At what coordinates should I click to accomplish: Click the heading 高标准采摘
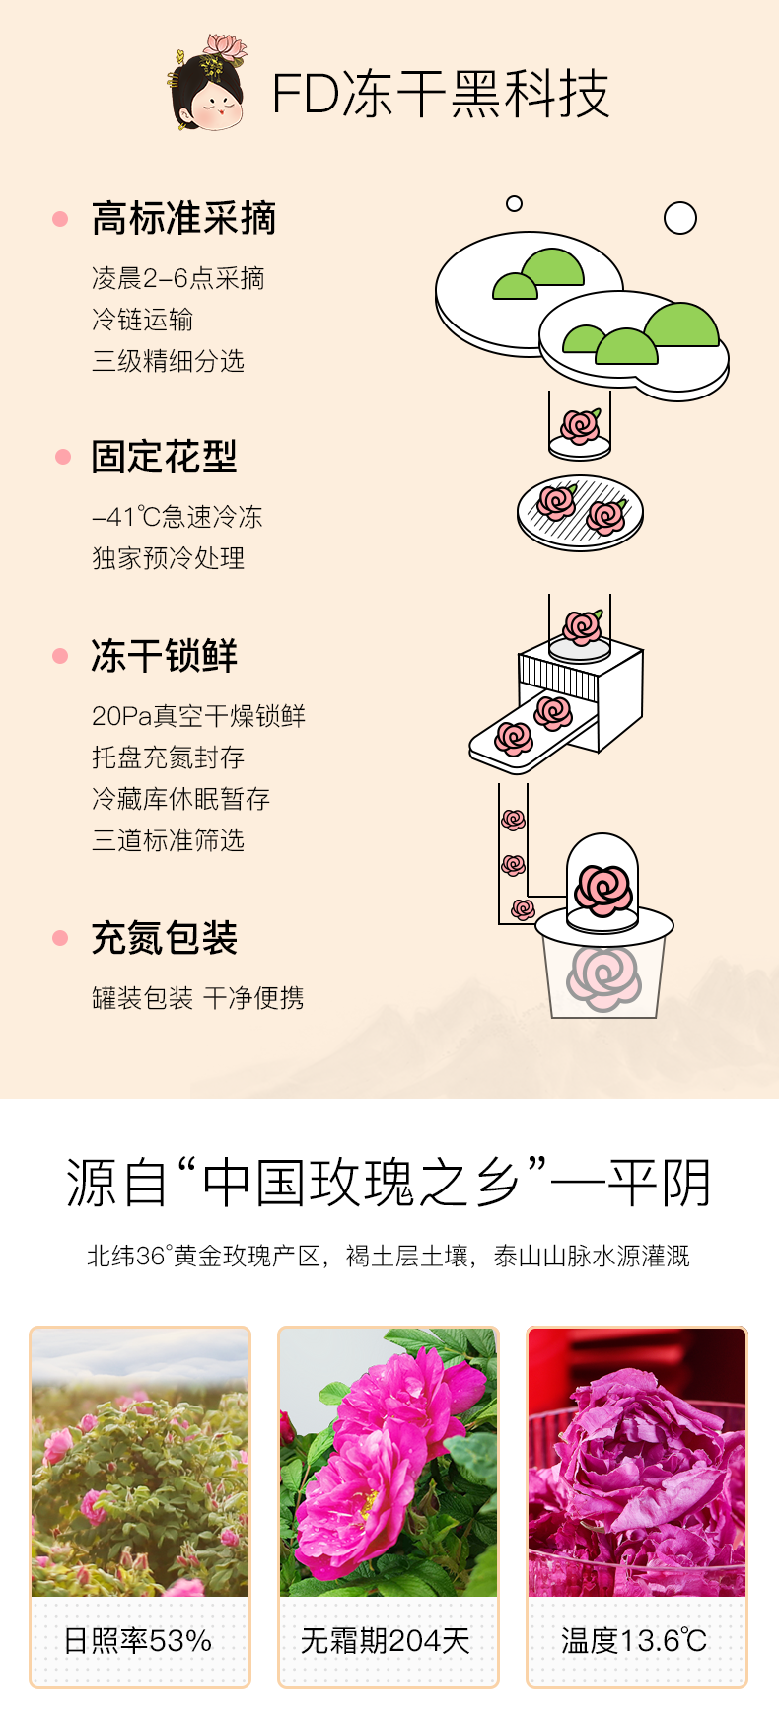point(183,218)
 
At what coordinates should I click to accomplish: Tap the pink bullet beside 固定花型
point(63,457)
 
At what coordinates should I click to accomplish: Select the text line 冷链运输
point(142,320)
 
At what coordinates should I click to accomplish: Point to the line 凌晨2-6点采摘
point(178,278)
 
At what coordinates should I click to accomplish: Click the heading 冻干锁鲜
point(164,656)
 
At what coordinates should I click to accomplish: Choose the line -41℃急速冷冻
point(177,517)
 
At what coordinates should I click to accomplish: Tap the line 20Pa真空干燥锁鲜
point(198,716)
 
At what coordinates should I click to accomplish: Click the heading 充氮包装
point(164,938)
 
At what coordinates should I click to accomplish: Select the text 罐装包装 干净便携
point(197,998)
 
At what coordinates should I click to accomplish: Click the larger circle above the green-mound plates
point(680,218)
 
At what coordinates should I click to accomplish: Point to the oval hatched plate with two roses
point(580,513)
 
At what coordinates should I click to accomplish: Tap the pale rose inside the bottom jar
point(603,976)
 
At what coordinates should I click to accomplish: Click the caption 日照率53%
point(138,1641)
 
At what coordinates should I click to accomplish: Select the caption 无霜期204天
point(386,1641)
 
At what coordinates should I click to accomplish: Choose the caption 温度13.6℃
point(634,1641)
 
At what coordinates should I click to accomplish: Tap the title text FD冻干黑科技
point(440,95)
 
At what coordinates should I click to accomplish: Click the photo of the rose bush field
point(140,1463)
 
